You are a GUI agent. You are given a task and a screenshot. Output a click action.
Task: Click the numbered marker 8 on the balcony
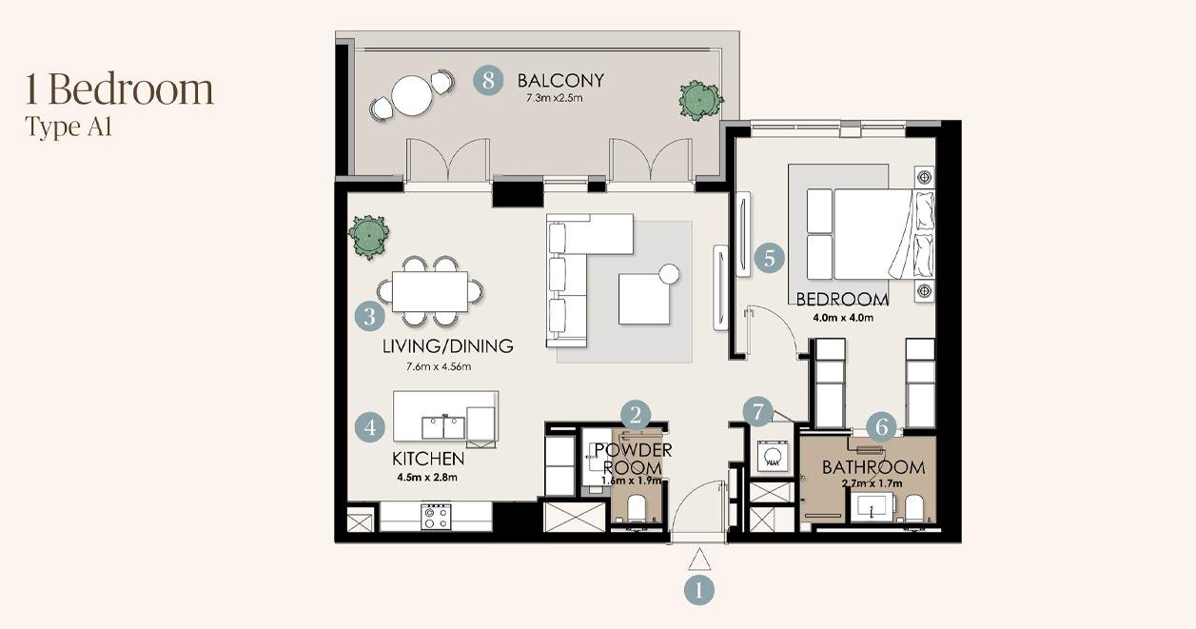click(x=488, y=81)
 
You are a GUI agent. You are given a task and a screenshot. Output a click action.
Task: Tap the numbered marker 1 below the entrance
click(x=699, y=591)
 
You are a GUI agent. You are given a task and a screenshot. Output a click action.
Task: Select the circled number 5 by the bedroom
click(x=770, y=259)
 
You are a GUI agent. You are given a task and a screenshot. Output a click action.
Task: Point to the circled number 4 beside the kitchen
click(x=370, y=427)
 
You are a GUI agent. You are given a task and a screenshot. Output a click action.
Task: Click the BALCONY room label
click(x=560, y=81)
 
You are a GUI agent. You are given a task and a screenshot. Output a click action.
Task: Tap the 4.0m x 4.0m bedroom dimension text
click(x=843, y=318)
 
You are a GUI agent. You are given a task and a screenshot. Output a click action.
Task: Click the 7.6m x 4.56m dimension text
click(x=439, y=366)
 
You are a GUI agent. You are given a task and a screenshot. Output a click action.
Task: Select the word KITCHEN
click(x=428, y=459)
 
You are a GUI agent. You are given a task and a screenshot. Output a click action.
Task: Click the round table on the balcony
click(x=411, y=95)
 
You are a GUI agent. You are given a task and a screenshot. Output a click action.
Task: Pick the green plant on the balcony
click(x=700, y=100)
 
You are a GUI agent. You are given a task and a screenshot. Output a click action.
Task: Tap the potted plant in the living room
click(x=368, y=236)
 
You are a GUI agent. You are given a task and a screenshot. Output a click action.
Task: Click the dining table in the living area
click(x=430, y=291)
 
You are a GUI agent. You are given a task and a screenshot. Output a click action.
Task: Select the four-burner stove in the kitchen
click(x=436, y=517)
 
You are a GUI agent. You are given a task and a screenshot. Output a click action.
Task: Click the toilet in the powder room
click(x=637, y=508)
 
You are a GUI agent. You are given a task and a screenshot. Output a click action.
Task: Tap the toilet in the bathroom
click(x=914, y=508)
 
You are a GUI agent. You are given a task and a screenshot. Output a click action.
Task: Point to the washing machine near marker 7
click(x=772, y=456)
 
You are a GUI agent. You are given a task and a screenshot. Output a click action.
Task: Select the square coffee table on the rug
click(x=644, y=299)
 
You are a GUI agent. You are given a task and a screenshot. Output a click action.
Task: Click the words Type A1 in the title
click(x=69, y=128)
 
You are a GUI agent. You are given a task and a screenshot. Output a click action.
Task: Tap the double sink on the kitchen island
click(x=443, y=427)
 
